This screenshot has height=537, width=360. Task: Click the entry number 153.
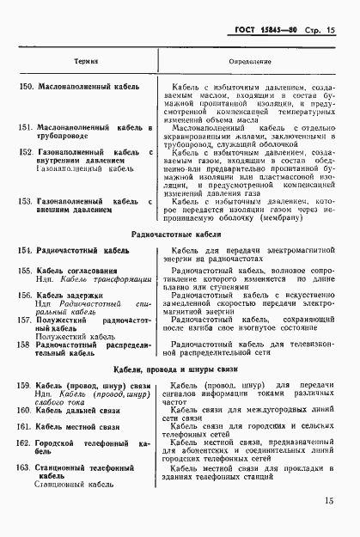point(25,201)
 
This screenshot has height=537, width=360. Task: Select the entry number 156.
point(25,295)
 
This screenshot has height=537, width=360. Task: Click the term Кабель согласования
point(76,271)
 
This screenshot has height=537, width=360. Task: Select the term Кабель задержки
point(69,295)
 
